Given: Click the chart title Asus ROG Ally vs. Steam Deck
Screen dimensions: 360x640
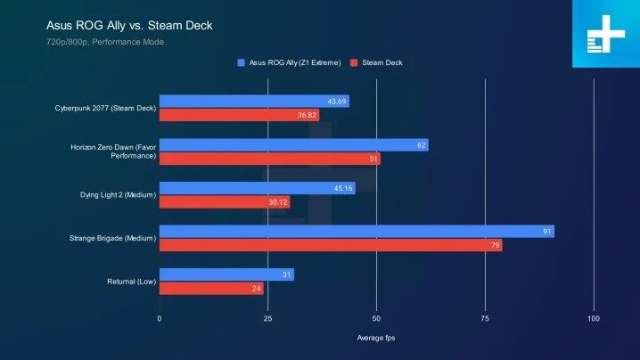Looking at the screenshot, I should click(x=128, y=25).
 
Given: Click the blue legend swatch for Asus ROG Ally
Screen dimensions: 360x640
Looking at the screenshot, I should click(x=242, y=63).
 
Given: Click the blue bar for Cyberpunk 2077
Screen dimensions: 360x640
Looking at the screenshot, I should click(x=254, y=102).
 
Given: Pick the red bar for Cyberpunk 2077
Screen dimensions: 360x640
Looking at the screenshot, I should click(x=239, y=115).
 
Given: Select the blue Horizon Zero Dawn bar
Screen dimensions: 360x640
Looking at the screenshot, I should click(x=293, y=145).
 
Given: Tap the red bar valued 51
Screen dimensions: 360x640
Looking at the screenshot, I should click(x=269, y=160).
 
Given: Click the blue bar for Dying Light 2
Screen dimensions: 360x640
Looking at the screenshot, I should click(x=257, y=188).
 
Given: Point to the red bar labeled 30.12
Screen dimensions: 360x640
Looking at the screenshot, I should click(x=225, y=202).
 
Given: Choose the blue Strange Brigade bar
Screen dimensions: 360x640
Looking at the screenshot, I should click(x=357, y=232).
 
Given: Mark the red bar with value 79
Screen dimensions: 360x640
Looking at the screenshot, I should click(x=331, y=246).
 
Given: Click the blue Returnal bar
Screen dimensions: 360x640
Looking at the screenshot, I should click(x=226, y=275).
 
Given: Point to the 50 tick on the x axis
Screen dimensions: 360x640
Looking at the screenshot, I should click(x=376, y=318).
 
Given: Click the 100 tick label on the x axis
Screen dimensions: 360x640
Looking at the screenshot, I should click(x=594, y=318).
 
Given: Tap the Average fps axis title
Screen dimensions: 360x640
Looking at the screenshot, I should click(x=376, y=340).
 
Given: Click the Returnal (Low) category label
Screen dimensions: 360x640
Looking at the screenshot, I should click(x=128, y=282).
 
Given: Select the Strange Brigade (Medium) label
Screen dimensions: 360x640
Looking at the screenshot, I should click(x=111, y=239).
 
